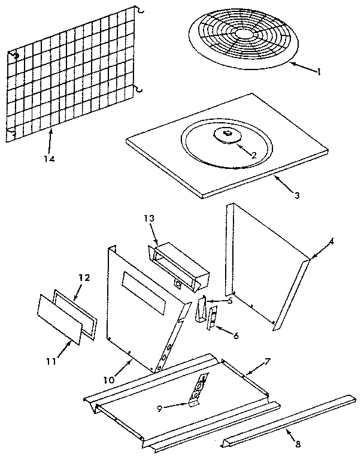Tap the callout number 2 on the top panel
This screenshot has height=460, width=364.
click(x=254, y=155)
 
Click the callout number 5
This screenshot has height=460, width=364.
click(x=229, y=300)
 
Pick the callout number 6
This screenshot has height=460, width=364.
click(x=236, y=336)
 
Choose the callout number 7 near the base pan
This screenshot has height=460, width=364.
click(x=268, y=362)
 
